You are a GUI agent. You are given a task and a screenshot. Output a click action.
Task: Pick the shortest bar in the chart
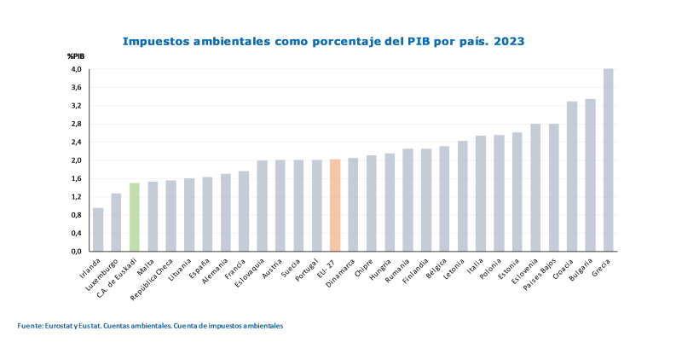(98, 229)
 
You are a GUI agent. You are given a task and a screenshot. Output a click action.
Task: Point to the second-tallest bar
(590, 175)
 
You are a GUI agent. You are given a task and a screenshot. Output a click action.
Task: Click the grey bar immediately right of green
(153, 216)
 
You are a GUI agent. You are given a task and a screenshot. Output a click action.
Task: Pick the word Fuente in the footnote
(28, 326)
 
